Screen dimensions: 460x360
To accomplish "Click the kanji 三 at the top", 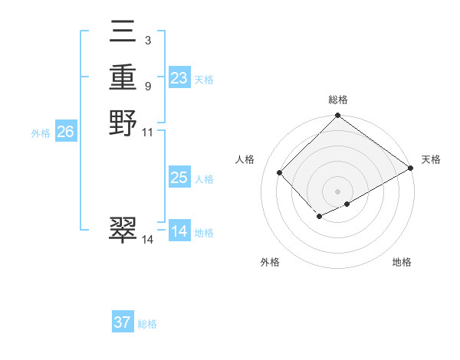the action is coord(123,32).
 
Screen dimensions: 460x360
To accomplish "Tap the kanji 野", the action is coord(123,123).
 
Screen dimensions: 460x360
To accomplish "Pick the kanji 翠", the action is coord(123,230).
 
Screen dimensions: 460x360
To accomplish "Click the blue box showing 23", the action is coord(179,78).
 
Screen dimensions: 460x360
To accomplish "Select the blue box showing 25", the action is coord(179,178).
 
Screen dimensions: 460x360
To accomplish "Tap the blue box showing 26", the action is coord(66,132).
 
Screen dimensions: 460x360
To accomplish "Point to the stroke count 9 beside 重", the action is coord(147,86).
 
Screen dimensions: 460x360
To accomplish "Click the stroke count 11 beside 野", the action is coord(149,132).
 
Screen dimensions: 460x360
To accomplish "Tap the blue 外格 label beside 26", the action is coord(41,133).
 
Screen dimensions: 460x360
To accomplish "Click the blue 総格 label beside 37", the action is coord(147,324).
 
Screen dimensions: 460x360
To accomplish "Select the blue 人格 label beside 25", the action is coord(204,179).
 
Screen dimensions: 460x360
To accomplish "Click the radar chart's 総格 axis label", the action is coord(338,100).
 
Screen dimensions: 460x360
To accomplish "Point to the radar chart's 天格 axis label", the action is coord(431,159).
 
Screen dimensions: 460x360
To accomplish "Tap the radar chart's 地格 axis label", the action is coord(402,262).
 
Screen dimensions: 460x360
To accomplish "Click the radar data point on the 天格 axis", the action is coord(411,169).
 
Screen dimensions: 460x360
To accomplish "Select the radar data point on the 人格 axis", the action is coord(280,172).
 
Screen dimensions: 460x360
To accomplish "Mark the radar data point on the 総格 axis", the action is coord(338,116).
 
